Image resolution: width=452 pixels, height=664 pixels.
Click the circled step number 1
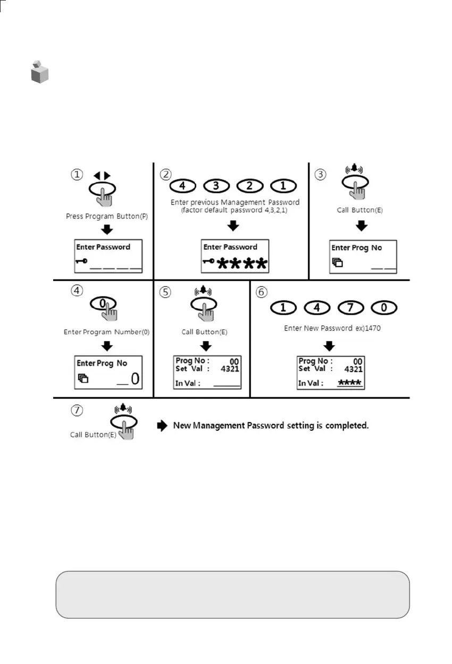click(x=78, y=174)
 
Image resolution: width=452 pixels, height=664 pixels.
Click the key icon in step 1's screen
click(x=81, y=261)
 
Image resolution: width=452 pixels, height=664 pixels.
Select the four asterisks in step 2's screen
click(x=242, y=264)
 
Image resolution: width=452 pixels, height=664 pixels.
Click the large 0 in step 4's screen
click(x=135, y=379)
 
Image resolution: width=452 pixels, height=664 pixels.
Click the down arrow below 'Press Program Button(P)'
click(x=108, y=229)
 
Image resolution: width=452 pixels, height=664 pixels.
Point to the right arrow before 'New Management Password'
click(x=162, y=426)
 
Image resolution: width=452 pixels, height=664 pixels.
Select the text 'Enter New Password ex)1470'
click(x=332, y=329)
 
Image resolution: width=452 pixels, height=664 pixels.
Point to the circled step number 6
click(x=261, y=292)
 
